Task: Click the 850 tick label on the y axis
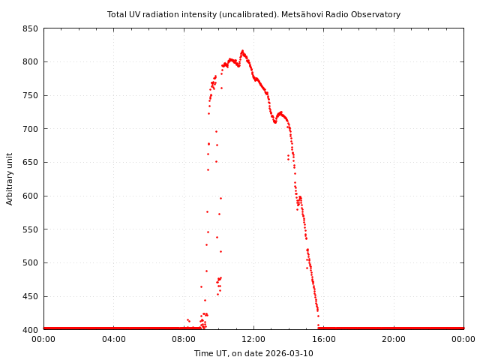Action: (x=30, y=28)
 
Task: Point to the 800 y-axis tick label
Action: (x=30, y=62)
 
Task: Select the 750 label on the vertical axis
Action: (x=30, y=95)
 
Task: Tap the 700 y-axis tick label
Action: (x=30, y=129)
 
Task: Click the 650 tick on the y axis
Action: (x=30, y=162)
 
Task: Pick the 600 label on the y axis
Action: (x=30, y=196)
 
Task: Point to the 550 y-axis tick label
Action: (x=30, y=229)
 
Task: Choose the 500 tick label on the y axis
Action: (x=30, y=262)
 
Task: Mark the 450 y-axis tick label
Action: (x=30, y=296)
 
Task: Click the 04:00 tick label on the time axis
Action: (x=113, y=340)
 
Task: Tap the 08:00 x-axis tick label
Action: (x=184, y=340)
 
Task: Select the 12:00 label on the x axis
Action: (x=253, y=340)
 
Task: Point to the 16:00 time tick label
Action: (x=324, y=340)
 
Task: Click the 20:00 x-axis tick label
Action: (x=394, y=340)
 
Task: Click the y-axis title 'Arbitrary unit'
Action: (x=10, y=179)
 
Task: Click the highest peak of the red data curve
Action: (x=242, y=51)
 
